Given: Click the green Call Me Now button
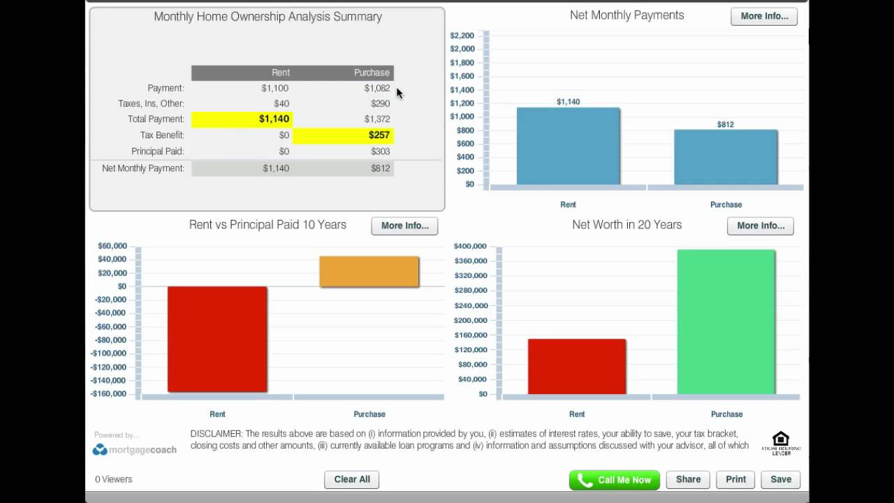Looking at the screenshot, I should [x=614, y=480].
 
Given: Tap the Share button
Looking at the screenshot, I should [x=688, y=479].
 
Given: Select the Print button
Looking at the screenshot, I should [x=735, y=479].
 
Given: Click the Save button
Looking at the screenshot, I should [x=780, y=479].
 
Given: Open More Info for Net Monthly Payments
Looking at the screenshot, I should [x=764, y=16].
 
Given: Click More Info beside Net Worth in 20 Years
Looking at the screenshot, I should [x=761, y=226].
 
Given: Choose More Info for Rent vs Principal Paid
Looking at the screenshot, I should [x=404, y=226].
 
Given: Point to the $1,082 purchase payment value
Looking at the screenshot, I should [x=376, y=88].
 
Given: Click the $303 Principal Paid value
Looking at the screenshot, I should [x=381, y=151].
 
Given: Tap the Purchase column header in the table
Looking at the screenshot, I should [x=371, y=73].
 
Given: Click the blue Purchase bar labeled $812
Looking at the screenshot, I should [x=726, y=157].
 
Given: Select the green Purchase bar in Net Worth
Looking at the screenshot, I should [x=726, y=321].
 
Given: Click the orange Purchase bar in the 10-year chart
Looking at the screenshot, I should [x=369, y=272].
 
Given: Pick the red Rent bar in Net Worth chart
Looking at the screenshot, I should [x=577, y=366].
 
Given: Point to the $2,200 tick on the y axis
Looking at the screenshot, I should [x=462, y=36].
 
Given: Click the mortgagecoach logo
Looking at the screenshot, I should [x=134, y=450].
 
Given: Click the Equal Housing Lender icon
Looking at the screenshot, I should [x=781, y=443].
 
